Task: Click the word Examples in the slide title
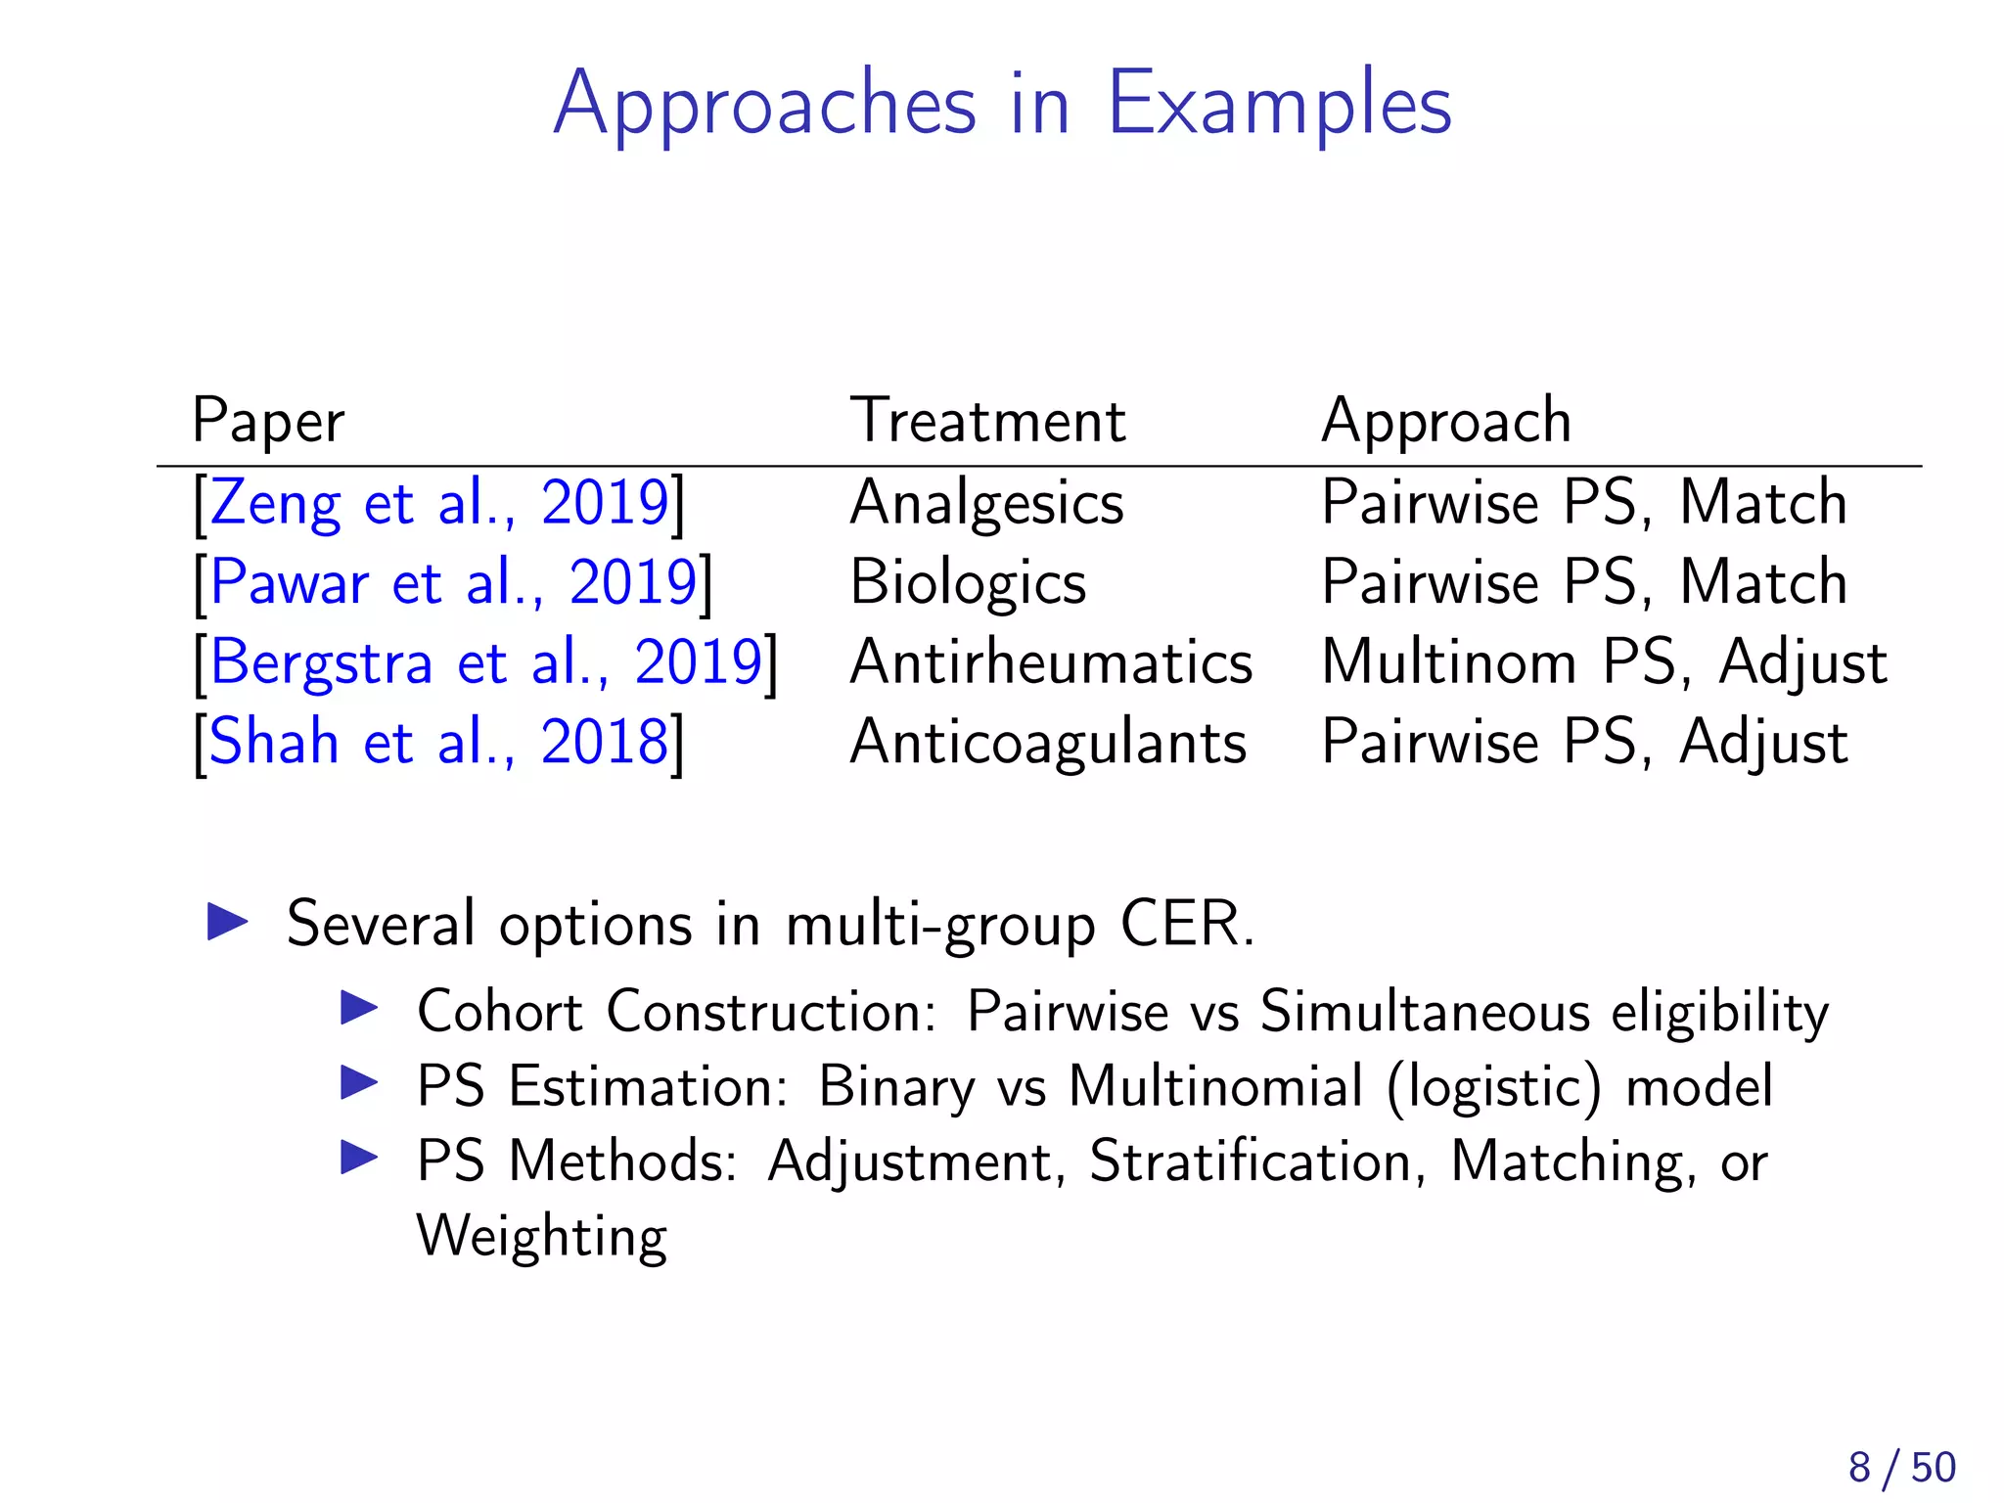click(x=1279, y=105)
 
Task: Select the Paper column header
click(x=268, y=422)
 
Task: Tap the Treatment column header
click(x=988, y=422)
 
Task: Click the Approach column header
click(x=1446, y=422)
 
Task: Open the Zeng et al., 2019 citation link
click(x=439, y=504)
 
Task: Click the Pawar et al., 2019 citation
click(x=453, y=583)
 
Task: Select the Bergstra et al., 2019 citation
click(x=485, y=663)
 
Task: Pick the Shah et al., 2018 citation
click(x=438, y=743)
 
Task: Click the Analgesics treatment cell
click(x=987, y=504)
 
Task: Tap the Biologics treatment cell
click(x=968, y=583)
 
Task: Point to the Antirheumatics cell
click(x=1051, y=663)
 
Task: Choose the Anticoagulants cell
click(x=1048, y=743)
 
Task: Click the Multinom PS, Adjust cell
click(x=1604, y=663)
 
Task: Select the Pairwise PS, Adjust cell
click(x=1584, y=743)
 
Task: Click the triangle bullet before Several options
click(x=228, y=922)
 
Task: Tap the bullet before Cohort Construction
click(x=359, y=1008)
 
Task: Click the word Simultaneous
click(x=1425, y=1011)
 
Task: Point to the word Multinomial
click(x=1215, y=1086)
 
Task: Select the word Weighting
click(x=542, y=1236)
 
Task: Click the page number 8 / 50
click(x=1901, y=1468)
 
